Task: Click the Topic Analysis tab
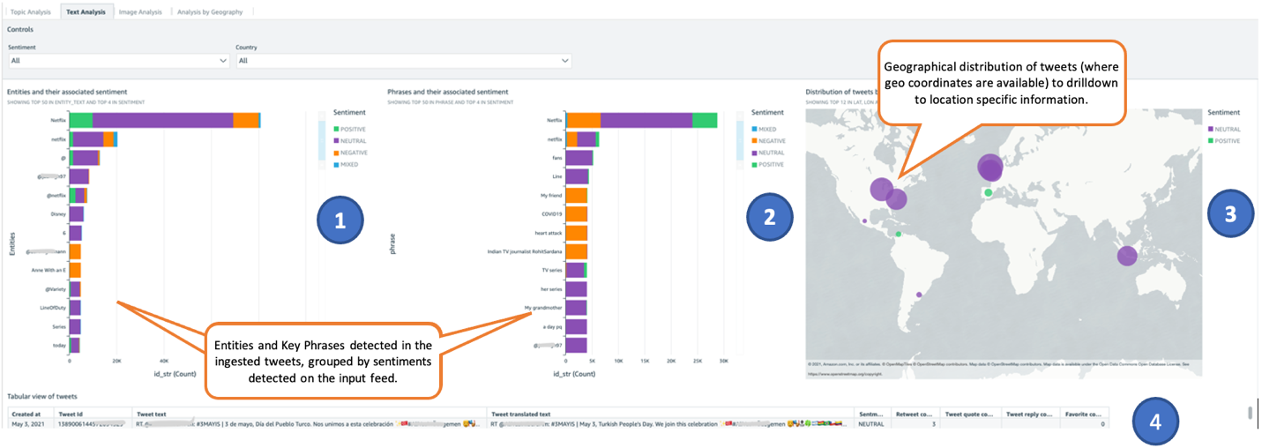point(30,12)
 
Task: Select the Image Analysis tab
point(140,12)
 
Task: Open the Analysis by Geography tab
point(210,12)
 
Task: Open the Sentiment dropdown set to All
point(119,61)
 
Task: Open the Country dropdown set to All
point(404,61)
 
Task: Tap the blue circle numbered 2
point(770,216)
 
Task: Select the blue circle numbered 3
point(1231,214)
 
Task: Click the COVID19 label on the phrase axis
point(551,214)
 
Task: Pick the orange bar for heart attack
point(576,233)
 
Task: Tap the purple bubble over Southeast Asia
point(1127,256)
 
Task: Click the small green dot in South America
point(898,234)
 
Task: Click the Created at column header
point(26,413)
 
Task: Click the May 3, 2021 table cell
point(27,424)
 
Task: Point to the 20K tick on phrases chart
point(671,361)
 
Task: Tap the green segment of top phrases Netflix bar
point(704,120)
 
